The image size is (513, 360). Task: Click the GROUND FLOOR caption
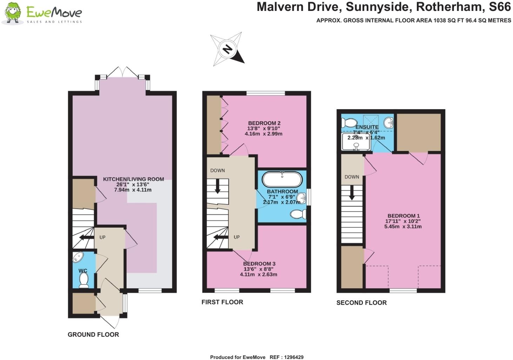coord(93,335)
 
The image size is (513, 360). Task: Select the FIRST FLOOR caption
coord(222,302)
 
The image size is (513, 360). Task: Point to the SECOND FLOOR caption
coord(361,303)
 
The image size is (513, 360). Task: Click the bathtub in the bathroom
coord(282,179)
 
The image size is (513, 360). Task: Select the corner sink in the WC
coord(78,257)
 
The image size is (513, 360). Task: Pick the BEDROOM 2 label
coord(264,123)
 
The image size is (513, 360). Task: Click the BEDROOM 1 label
coord(404,216)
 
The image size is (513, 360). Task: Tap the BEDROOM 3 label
coord(259,264)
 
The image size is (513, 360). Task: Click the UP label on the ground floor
coord(102,237)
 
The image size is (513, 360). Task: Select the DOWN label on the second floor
coord(352,177)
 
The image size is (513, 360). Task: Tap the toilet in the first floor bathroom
coord(298,214)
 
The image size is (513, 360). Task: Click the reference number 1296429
coord(292,357)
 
